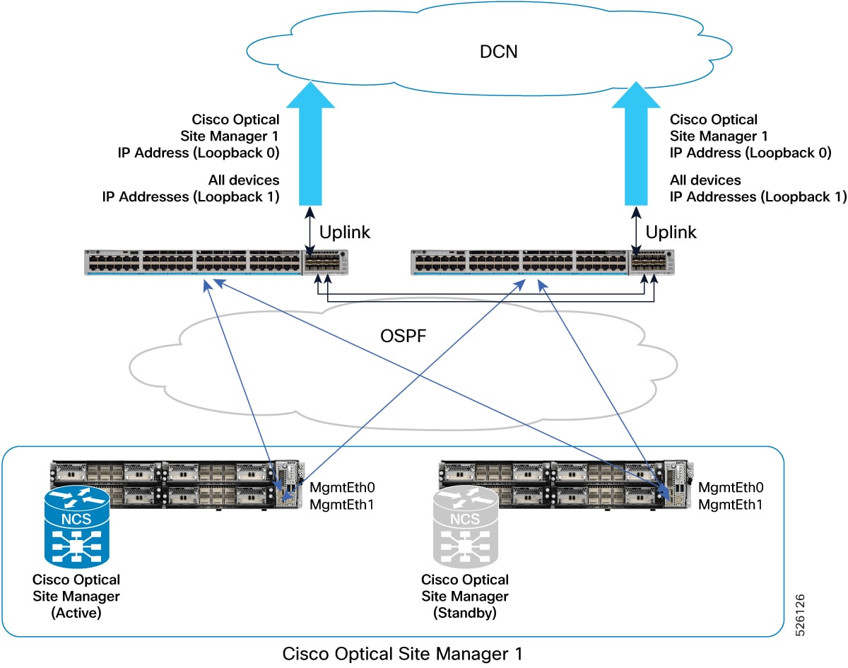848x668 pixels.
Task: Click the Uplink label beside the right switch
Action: (x=671, y=232)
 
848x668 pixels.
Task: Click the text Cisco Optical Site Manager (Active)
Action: (x=76, y=596)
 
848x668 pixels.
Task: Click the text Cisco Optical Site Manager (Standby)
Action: (x=464, y=596)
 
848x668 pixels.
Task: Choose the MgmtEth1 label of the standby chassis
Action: (x=731, y=504)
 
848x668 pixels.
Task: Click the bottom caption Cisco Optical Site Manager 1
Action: (x=403, y=654)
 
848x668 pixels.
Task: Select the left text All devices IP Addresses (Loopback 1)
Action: (x=191, y=189)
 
